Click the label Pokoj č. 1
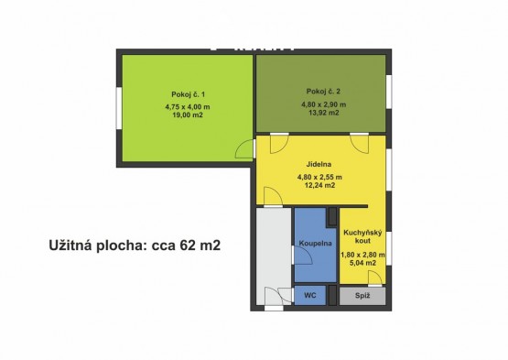(188, 94)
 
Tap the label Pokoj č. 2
(323, 91)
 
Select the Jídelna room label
(319, 164)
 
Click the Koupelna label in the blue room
(315, 244)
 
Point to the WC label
(310, 296)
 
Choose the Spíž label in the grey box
(362, 296)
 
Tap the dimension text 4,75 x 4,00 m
(188, 106)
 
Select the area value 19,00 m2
(188, 115)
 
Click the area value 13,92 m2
(324, 113)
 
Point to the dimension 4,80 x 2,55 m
(319, 177)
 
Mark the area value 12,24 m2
(319, 186)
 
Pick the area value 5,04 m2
(362, 263)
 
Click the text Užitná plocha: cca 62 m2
(135, 245)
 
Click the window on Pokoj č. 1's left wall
(119, 109)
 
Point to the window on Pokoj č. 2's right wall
(389, 91)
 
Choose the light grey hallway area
(274, 256)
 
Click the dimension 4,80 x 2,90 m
(324, 104)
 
